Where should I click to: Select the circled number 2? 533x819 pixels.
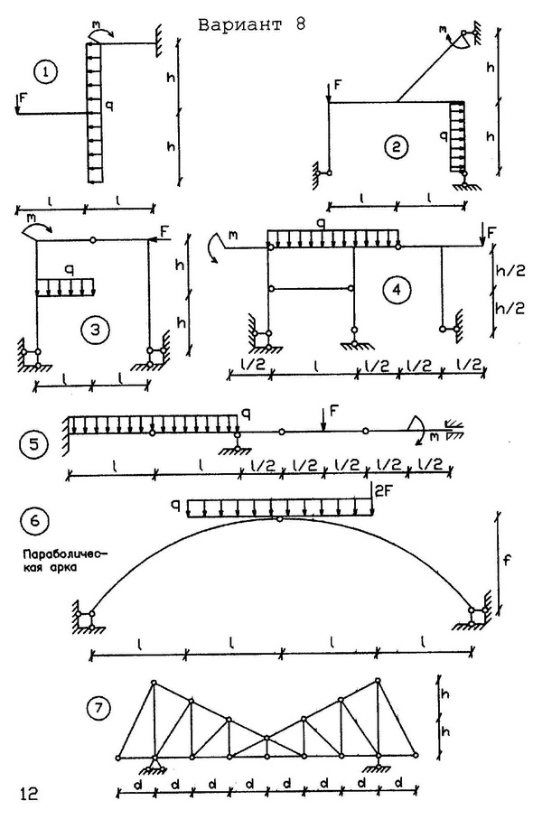[x=396, y=147]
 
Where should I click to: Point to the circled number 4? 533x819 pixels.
[x=398, y=289]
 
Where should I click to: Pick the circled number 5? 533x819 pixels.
[x=33, y=445]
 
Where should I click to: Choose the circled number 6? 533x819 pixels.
[x=34, y=521]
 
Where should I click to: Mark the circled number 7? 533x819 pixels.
[x=99, y=709]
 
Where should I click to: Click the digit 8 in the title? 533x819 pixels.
[x=300, y=24]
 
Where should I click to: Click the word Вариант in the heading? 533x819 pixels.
[x=240, y=24]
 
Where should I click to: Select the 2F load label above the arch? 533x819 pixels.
[x=383, y=491]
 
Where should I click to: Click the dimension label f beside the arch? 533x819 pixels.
[x=506, y=561]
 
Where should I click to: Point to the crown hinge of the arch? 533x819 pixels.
[x=280, y=518]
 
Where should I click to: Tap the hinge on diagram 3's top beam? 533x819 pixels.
[x=92, y=240]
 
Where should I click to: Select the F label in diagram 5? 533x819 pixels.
[x=334, y=411]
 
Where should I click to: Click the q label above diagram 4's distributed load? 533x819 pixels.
[x=322, y=224]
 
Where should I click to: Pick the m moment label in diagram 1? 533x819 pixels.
[x=96, y=24]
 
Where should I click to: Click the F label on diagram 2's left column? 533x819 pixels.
[x=338, y=85]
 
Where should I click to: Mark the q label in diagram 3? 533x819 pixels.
[x=68, y=271]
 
